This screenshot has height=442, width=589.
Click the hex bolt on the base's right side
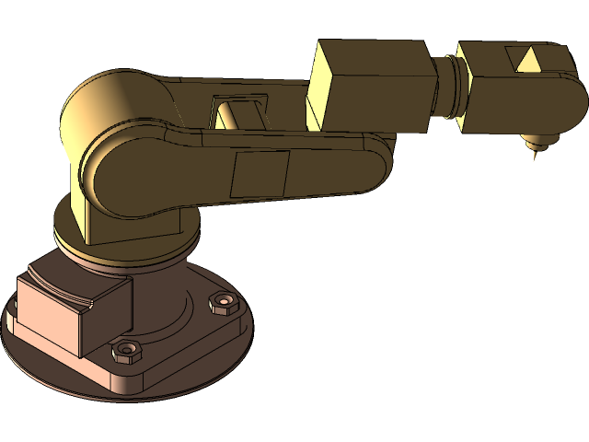pyautogui.click(x=222, y=301)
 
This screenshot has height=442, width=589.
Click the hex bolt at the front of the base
pyautogui.click(x=125, y=351)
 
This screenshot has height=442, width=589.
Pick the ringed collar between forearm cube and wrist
pyautogui.click(x=450, y=87)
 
